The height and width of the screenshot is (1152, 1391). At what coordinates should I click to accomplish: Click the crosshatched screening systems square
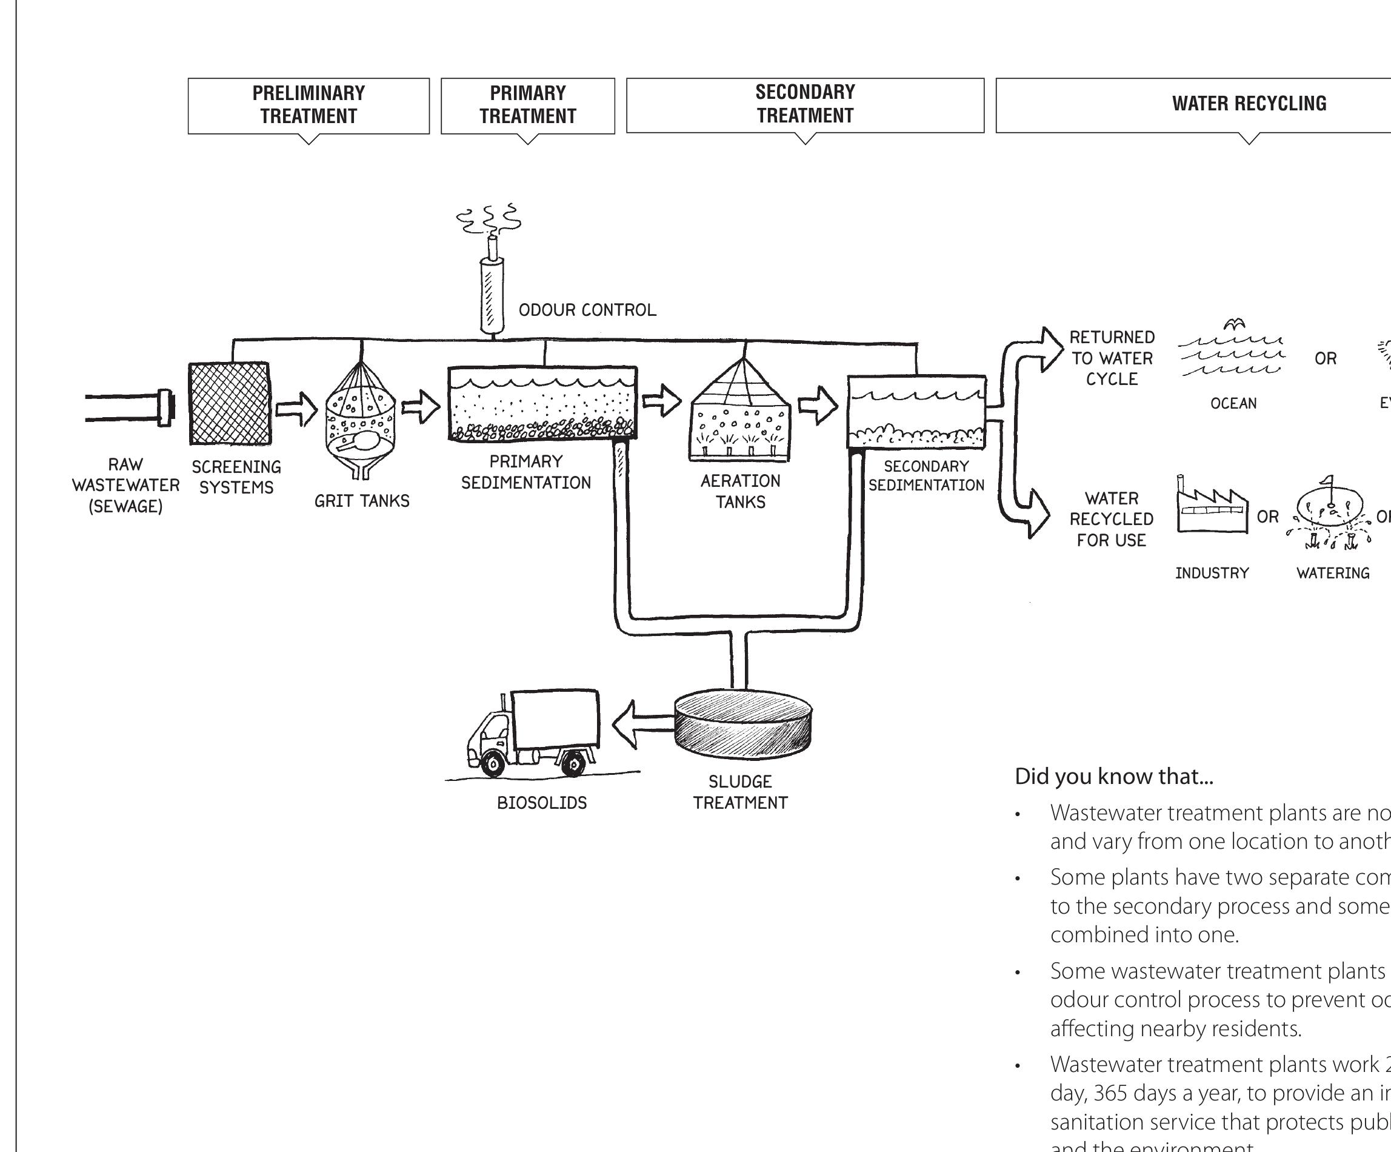[229, 403]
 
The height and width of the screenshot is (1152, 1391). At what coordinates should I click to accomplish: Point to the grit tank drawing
[361, 417]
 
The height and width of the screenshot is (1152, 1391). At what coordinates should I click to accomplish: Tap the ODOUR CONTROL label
[587, 310]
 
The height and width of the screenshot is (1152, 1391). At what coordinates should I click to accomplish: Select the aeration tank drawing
[741, 414]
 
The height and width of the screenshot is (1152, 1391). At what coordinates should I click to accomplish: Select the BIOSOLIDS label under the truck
[542, 803]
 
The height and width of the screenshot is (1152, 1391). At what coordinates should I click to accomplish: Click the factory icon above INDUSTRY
[1212, 507]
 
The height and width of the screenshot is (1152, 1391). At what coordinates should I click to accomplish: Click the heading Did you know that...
[1113, 777]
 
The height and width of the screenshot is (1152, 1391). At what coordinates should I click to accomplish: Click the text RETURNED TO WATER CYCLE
[1112, 358]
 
